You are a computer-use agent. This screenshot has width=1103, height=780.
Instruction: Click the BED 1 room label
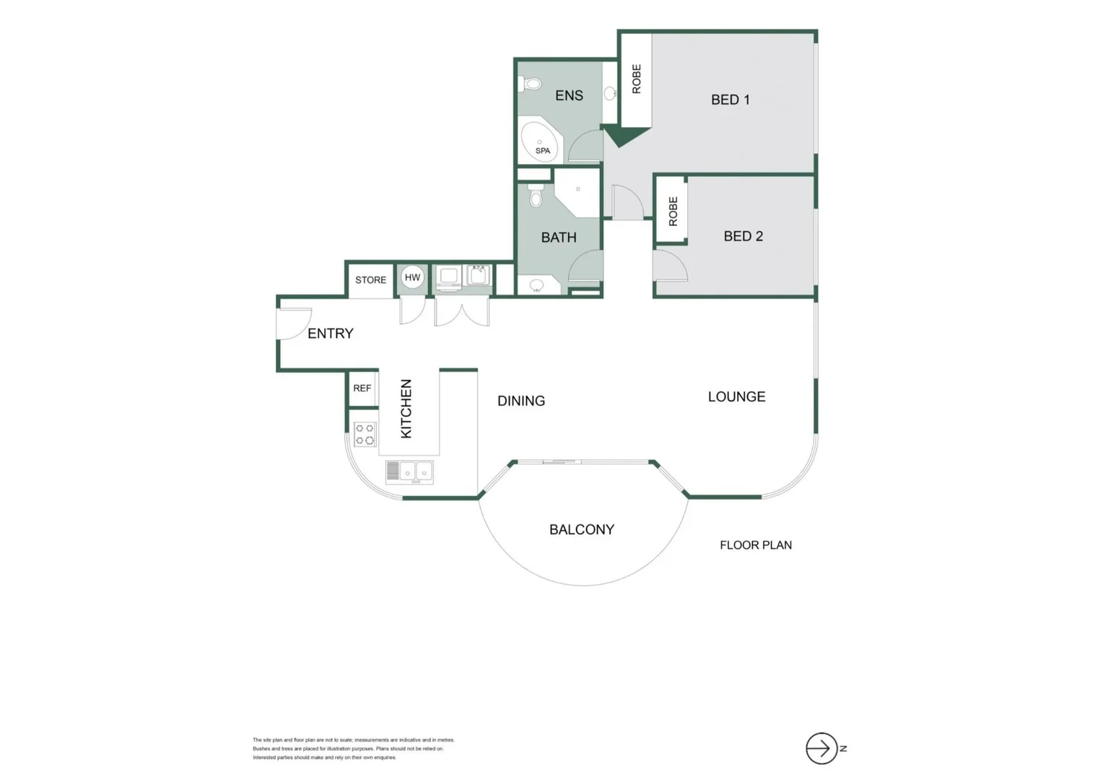(730, 100)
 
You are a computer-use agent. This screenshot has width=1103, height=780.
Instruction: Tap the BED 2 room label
(743, 236)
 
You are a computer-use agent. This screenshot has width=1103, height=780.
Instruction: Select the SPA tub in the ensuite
(539, 142)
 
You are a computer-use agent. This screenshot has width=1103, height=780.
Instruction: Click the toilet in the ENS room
(531, 84)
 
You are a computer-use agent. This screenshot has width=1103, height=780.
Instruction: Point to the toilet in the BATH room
(536, 196)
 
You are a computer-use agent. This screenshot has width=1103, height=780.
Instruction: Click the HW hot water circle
(412, 277)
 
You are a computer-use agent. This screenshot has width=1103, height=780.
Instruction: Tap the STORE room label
(370, 280)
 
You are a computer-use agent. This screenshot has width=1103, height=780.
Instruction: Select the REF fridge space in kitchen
(362, 389)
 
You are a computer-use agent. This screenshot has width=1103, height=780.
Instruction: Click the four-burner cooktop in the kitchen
(365, 434)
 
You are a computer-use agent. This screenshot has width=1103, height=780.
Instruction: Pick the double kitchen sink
(409, 472)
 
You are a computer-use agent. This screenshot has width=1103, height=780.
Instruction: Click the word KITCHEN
(406, 409)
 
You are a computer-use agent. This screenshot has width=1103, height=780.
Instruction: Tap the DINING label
(520, 401)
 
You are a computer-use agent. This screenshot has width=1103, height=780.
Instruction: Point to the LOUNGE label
(736, 396)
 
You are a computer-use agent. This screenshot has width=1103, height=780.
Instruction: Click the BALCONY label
(581, 529)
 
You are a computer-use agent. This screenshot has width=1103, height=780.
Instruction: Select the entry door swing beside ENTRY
(292, 323)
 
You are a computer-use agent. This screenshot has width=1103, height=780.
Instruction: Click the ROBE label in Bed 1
(636, 79)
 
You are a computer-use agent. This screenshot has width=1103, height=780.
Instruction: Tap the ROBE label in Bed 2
(673, 212)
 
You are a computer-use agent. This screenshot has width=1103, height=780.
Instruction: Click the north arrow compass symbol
(821, 748)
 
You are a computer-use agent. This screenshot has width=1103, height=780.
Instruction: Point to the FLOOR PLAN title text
(755, 545)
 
